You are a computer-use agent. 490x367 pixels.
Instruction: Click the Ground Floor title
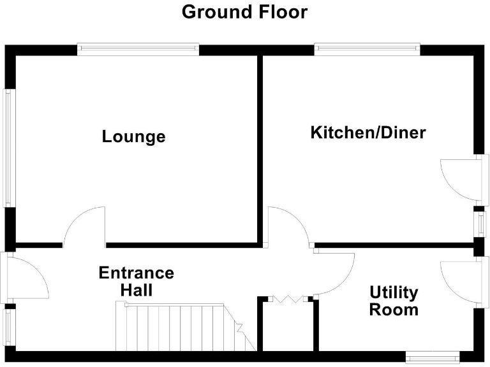(244, 11)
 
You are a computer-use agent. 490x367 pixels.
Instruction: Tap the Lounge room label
(133, 136)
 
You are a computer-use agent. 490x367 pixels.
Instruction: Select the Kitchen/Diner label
(367, 133)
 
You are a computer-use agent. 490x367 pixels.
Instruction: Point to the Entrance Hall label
(136, 281)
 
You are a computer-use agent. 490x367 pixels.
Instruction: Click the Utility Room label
(394, 301)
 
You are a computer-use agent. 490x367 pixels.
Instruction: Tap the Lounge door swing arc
(85, 226)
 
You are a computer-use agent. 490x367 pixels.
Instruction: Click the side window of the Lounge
(8, 147)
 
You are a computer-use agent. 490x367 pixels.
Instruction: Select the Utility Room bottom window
(432, 356)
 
